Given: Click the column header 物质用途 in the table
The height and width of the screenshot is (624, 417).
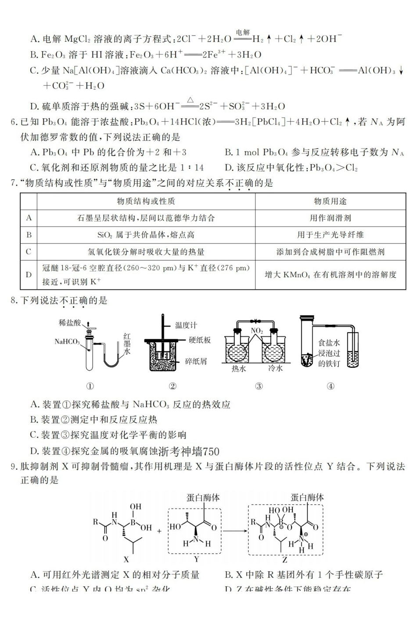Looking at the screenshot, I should (330, 201).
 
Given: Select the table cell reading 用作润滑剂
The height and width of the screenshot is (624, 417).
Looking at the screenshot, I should (330, 218).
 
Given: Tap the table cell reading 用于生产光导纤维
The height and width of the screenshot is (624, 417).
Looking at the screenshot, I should (330, 235).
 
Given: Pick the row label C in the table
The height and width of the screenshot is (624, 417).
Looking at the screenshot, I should (29, 252).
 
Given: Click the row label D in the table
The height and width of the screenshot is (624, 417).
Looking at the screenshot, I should (29, 275).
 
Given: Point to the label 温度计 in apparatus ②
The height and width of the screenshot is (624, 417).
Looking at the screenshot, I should (186, 325).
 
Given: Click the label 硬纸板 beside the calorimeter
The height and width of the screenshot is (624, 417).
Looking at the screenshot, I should (200, 340).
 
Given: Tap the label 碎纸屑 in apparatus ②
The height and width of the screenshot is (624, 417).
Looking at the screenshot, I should (196, 361).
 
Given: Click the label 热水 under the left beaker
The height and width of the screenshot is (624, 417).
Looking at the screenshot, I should (239, 369).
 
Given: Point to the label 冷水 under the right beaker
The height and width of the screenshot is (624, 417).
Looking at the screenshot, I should (276, 369).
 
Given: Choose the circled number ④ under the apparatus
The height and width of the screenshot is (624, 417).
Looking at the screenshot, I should (331, 386).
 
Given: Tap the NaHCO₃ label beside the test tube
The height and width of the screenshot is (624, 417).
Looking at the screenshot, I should (67, 341).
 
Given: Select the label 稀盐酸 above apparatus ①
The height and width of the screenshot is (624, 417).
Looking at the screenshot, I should (70, 323).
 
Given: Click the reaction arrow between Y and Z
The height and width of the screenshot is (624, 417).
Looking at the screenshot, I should (234, 530).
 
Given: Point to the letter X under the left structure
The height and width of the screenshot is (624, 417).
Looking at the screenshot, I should (126, 560).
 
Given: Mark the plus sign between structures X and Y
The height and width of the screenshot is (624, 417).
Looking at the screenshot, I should (159, 531).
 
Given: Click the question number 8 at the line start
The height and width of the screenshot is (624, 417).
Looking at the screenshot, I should (13, 301).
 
